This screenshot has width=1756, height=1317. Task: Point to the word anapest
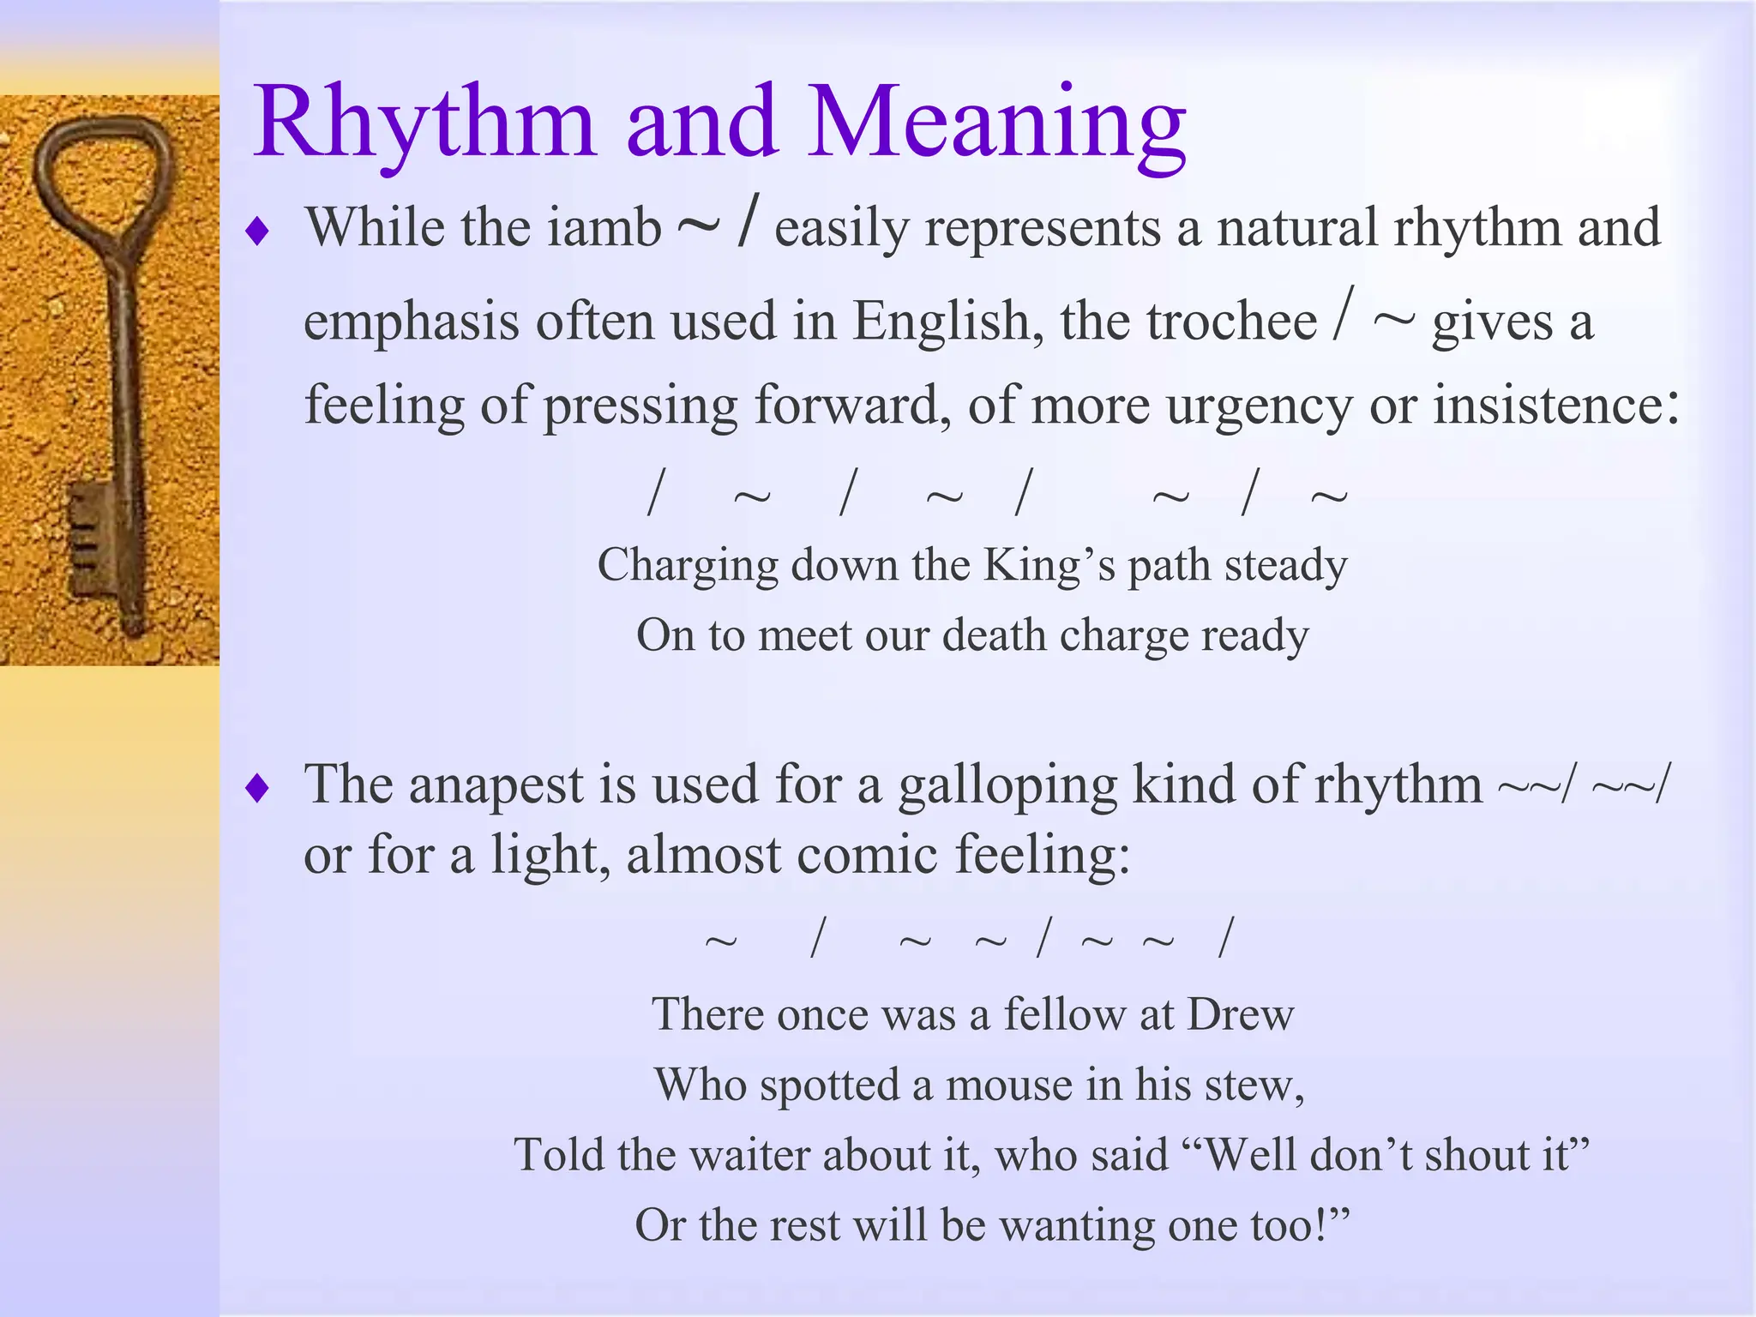click(x=496, y=785)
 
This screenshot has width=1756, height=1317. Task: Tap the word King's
click(x=1049, y=565)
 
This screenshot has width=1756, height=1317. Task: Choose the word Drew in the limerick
click(x=1240, y=1014)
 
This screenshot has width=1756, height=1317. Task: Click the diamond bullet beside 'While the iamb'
click(x=257, y=231)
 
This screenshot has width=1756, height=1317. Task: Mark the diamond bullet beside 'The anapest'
click(x=257, y=788)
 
